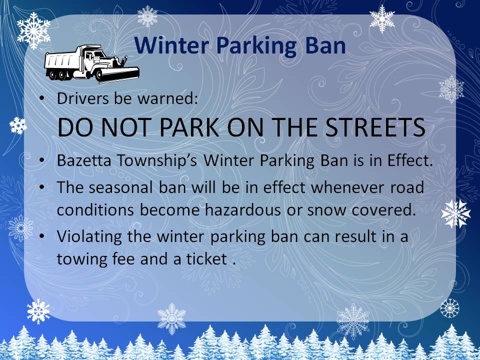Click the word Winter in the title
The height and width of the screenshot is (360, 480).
click(171, 45)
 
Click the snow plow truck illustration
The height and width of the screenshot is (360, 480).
click(91, 64)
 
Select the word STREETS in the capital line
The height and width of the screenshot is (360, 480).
click(375, 127)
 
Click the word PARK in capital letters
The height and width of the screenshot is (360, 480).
click(189, 127)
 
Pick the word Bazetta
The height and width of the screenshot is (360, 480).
click(84, 160)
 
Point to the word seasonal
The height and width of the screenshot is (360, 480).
click(120, 187)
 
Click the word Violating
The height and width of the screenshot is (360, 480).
click(89, 236)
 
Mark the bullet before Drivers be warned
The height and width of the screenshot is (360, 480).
click(42, 98)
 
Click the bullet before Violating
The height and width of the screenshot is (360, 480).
click(42, 236)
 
